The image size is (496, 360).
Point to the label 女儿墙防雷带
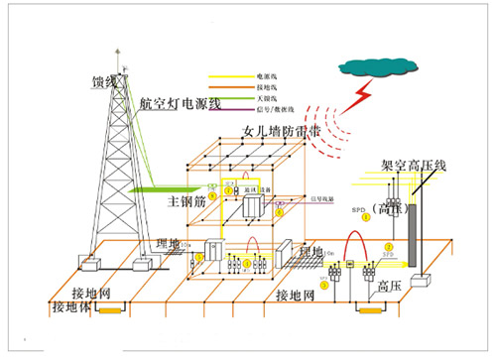point(281,131)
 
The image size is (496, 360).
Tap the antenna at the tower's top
point(116,52)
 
